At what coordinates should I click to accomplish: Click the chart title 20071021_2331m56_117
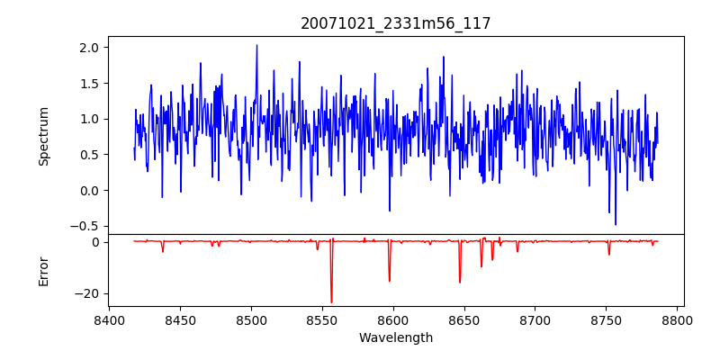pyautogui.click(x=396, y=23)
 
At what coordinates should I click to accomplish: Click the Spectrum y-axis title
pyautogui.click(x=44, y=136)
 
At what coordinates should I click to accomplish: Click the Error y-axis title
pyautogui.click(x=44, y=270)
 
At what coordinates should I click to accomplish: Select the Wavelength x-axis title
pyautogui.click(x=396, y=338)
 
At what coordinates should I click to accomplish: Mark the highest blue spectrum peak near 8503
pyautogui.click(x=256, y=45)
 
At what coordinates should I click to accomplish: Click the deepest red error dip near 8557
pyautogui.click(x=331, y=302)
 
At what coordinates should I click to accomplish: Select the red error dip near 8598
pyautogui.click(x=390, y=281)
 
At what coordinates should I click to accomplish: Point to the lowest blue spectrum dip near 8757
pyautogui.click(x=616, y=224)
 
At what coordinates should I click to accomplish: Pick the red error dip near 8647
pyautogui.click(x=460, y=283)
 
